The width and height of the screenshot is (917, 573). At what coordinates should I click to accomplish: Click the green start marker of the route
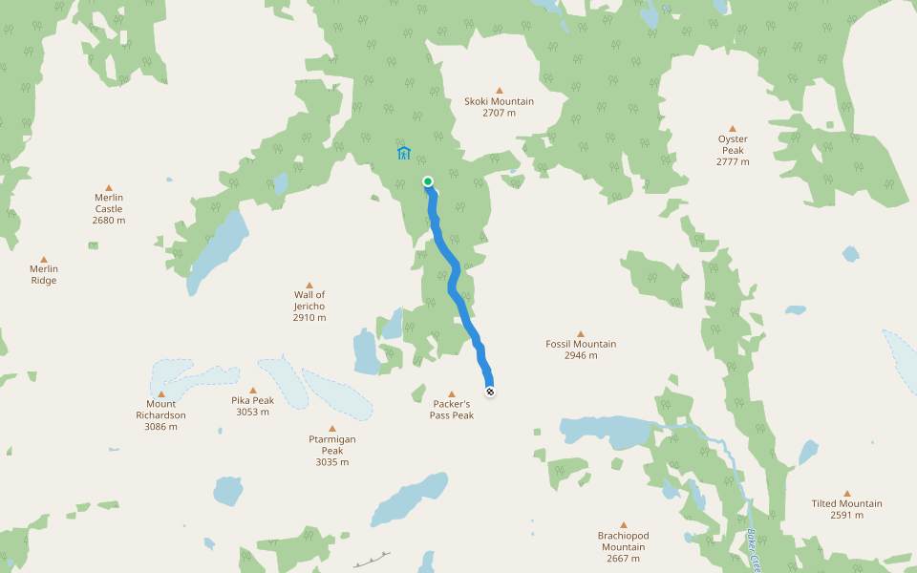click(428, 181)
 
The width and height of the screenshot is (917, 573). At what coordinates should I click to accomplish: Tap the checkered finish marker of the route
click(490, 391)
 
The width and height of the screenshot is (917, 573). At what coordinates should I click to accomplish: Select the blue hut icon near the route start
click(404, 153)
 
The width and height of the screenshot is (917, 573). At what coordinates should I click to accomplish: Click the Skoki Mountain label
click(499, 101)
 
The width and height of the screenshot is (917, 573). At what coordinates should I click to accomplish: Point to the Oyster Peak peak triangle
click(733, 128)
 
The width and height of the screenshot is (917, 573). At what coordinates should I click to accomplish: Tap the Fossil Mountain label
click(581, 344)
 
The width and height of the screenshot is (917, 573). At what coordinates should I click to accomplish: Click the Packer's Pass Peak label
click(452, 410)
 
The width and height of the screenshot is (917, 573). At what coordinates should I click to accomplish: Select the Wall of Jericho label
click(309, 300)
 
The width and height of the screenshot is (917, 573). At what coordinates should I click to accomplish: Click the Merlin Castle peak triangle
click(109, 187)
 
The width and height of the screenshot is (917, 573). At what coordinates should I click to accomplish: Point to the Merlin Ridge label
click(44, 275)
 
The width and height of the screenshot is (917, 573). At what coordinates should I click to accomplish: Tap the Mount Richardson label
click(160, 410)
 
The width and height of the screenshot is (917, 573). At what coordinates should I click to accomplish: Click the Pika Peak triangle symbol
click(253, 390)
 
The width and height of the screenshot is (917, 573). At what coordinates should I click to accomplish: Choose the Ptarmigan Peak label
click(332, 445)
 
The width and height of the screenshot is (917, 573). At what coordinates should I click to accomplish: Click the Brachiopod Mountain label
click(623, 541)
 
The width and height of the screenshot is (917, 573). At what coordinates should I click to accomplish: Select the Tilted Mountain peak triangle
click(846, 493)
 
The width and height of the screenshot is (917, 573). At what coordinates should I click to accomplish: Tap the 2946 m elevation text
click(581, 355)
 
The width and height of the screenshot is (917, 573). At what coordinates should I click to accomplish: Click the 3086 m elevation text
click(160, 427)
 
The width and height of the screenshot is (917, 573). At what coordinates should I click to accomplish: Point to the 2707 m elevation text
click(499, 113)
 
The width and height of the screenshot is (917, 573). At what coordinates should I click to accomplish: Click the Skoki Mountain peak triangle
click(499, 91)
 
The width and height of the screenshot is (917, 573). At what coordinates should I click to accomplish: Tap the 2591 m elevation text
click(846, 515)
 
